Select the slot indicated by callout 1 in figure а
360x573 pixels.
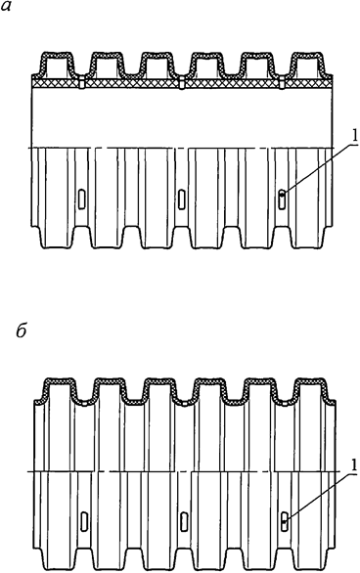[282, 199]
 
